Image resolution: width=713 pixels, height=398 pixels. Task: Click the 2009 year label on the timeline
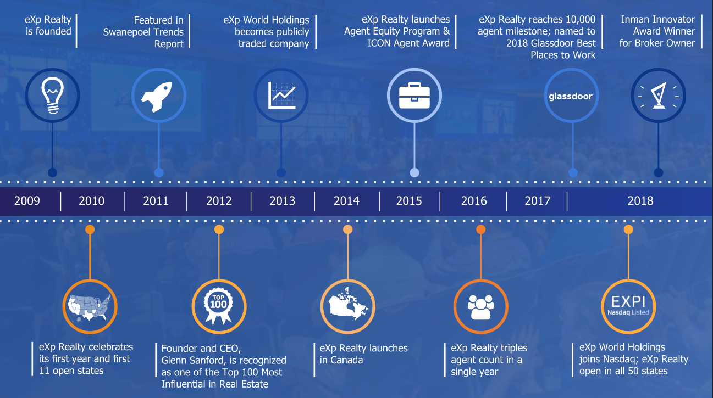[27, 201]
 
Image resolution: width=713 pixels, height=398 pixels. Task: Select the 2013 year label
[283, 201]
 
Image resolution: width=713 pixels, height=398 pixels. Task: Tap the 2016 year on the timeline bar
[474, 201]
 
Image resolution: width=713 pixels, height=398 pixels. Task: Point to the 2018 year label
[640, 201]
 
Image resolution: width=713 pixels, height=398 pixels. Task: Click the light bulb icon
[53, 96]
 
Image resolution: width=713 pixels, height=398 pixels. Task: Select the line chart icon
[281, 96]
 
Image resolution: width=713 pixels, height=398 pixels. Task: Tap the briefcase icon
[414, 96]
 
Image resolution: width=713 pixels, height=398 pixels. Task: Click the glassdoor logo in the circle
[571, 96]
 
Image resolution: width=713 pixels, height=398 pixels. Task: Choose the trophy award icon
[658, 96]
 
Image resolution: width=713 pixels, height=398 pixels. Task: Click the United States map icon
[90, 307]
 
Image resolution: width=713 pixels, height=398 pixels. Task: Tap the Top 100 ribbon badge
[219, 306]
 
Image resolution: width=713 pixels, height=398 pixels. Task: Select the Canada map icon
[348, 304]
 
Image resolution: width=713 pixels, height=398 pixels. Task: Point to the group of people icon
[480, 307]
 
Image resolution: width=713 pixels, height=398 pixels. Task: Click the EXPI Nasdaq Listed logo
[628, 305]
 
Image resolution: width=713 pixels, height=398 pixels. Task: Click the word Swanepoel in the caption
[125, 32]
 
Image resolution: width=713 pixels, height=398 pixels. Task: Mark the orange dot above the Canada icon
[348, 229]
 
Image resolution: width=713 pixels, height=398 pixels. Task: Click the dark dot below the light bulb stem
[53, 172]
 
